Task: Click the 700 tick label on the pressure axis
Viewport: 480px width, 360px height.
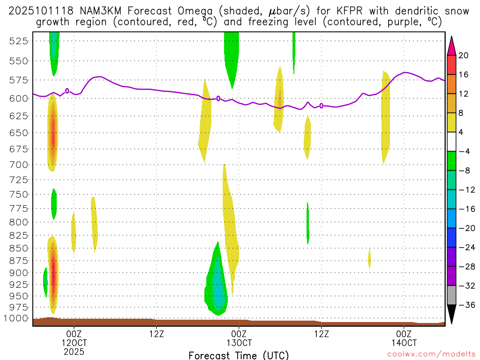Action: coord(18,165)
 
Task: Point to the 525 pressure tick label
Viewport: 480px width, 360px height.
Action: coord(18,41)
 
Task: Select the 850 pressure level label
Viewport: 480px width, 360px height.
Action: coord(18,248)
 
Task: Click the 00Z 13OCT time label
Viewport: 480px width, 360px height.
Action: coord(239,338)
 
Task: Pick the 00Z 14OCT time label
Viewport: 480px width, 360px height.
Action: coord(404,338)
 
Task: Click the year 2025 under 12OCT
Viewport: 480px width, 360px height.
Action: coord(74,351)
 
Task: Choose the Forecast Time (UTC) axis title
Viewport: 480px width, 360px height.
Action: coord(239,355)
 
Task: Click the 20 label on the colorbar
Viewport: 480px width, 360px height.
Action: coord(464,55)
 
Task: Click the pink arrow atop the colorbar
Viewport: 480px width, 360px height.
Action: coord(452,45)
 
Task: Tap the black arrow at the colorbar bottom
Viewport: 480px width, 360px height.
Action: coord(452,315)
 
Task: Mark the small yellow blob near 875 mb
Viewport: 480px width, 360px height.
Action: coord(369,258)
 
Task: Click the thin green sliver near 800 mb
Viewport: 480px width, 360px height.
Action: coord(308,224)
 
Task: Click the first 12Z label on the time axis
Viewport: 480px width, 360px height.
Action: coord(156,334)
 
